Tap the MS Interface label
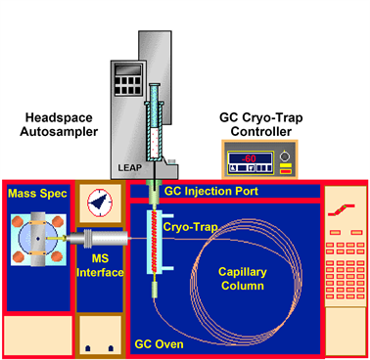pyautogui.click(x=101, y=265)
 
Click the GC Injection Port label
pyautogui.click(x=210, y=192)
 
